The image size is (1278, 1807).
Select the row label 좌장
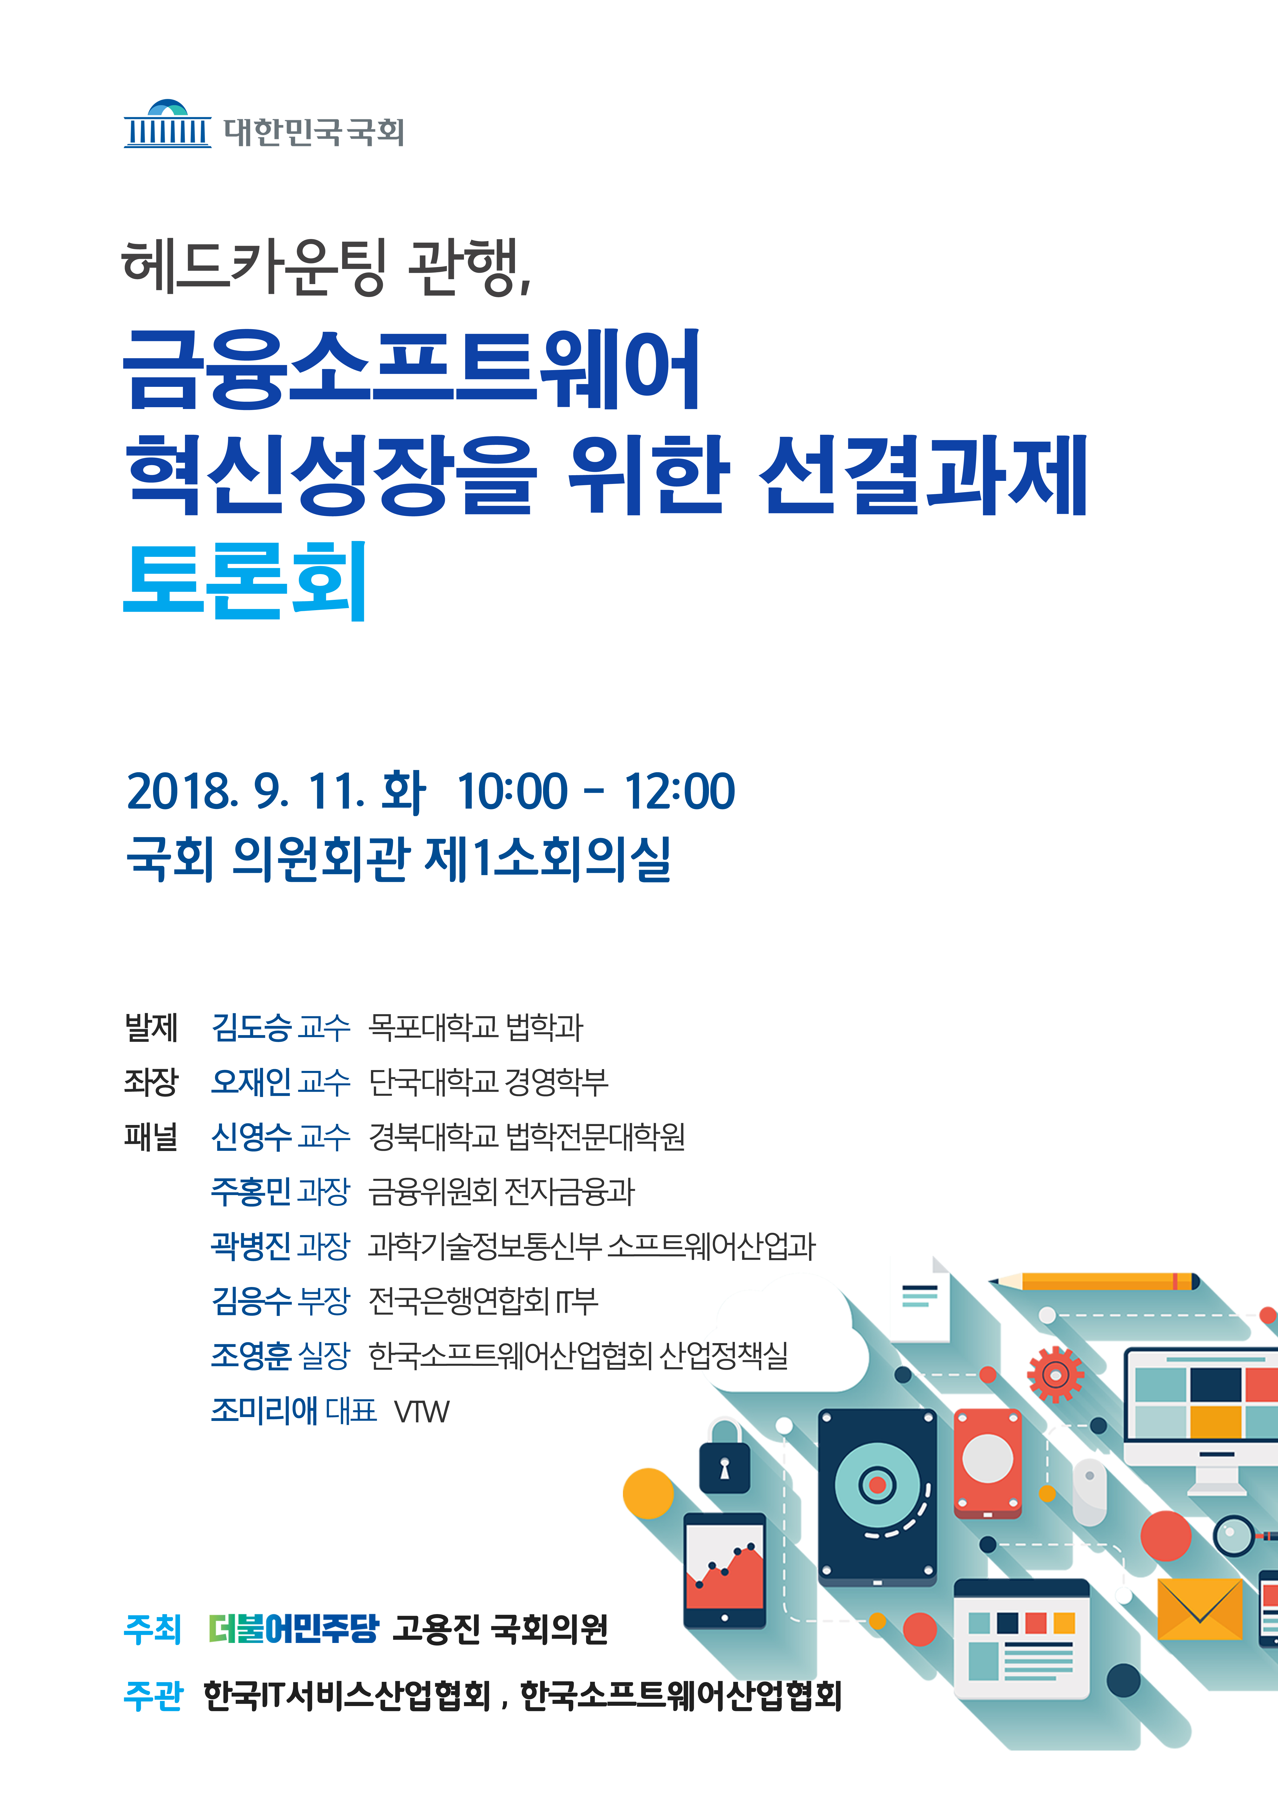point(151,1081)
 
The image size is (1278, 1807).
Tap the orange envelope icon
point(1199,1609)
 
